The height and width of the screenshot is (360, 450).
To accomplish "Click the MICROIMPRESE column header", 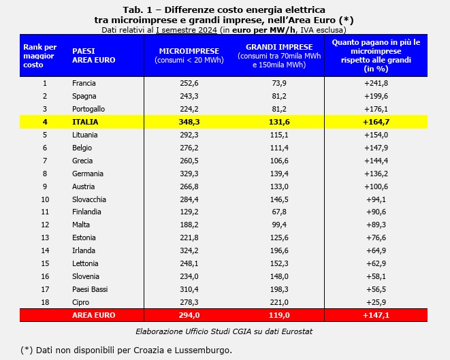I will click(189, 51).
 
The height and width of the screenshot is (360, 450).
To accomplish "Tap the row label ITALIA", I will click(85, 122).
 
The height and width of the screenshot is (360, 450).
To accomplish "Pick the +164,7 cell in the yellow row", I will click(375, 122).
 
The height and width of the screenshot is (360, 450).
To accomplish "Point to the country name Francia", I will click(84, 83).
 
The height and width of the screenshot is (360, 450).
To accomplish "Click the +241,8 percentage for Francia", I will click(375, 83).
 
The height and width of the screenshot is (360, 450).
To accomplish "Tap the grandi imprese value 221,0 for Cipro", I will click(279, 302).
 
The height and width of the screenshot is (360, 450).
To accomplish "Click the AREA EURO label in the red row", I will click(93, 315).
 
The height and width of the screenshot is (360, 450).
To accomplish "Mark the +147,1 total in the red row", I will click(375, 315).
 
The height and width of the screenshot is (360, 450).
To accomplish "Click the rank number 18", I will click(45, 302).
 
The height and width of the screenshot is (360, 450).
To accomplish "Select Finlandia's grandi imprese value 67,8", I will click(279, 212).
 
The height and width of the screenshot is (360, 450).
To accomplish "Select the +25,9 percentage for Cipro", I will click(375, 302).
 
